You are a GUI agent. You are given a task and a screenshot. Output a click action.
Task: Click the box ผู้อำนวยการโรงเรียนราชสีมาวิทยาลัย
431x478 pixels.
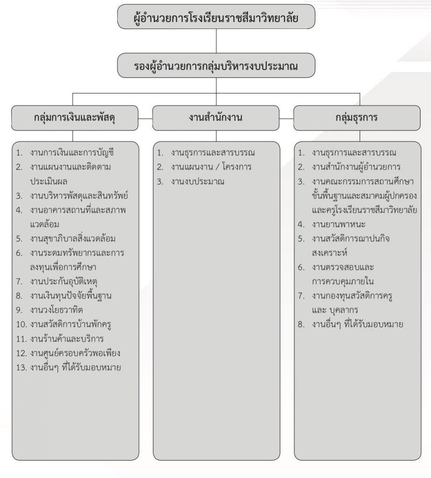pyautogui.click(x=216, y=17)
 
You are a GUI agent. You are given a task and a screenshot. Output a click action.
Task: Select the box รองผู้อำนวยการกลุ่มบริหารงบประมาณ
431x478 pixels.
pyautogui.click(x=216, y=65)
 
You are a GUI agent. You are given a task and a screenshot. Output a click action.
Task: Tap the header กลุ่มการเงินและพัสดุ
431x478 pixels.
pyautogui.click(x=75, y=118)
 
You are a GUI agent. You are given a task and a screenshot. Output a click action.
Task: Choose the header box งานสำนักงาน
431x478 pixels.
pyautogui.click(x=216, y=118)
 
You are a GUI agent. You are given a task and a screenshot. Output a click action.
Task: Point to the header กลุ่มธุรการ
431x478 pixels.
pyautogui.click(x=357, y=118)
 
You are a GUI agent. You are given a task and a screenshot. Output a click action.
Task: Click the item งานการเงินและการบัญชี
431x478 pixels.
pyautogui.click(x=72, y=153)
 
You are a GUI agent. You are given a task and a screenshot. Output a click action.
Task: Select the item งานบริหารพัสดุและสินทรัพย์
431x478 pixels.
pyautogui.click(x=79, y=196)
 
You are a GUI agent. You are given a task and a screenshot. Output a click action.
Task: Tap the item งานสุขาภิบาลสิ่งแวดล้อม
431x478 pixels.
pyautogui.click(x=72, y=239)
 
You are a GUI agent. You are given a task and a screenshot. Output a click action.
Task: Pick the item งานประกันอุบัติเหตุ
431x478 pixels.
pyautogui.click(x=64, y=281)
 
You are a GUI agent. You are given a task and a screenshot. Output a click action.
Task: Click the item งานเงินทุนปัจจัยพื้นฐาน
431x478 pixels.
pyautogui.click(x=71, y=295)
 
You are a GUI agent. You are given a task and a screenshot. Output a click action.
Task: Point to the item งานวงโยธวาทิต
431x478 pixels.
pyautogui.click(x=57, y=310)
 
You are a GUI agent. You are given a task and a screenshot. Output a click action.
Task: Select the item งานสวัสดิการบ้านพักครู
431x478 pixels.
pyautogui.click(x=71, y=324)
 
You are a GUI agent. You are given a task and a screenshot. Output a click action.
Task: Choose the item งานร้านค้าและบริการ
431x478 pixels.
pyautogui.click(x=67, y=339)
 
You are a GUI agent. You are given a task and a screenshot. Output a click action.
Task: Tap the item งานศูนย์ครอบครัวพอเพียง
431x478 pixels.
pyautogui.click(x=75, y=353)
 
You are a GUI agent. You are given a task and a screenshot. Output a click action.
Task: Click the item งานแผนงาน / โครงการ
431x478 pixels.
pyautogui.click(x=211, y=167)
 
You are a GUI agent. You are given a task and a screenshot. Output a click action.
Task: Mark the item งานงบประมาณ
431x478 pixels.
pyautogui.click(x=197, y=182)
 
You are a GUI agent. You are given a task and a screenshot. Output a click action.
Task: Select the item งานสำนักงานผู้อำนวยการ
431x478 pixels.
pyautogui.click(x=356, y=167)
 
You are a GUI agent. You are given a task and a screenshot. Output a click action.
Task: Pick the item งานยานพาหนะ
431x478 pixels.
pyautogui.click(x=338, y=225)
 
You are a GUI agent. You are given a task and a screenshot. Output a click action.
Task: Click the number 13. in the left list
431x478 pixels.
pyautogui.click(x=22, y=367)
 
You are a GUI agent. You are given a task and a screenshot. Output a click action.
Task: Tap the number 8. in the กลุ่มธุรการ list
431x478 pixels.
pyautogui.click(x=301, y=324)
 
